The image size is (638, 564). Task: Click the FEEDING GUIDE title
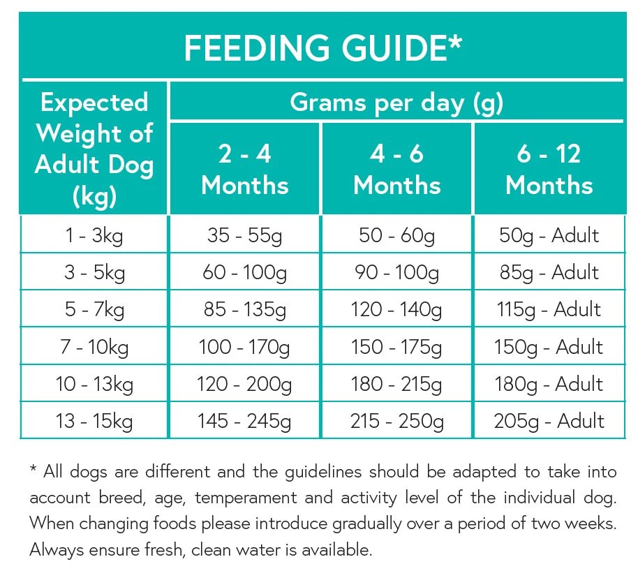point(322,47)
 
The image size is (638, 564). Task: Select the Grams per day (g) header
point(396,103)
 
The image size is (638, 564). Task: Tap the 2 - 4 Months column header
point(244,170)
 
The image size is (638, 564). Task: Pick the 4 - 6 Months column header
point(396,170)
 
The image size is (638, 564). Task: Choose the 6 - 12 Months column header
point(549,170)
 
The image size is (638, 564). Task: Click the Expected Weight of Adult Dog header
point(94,149)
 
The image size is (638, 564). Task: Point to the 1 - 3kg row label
point(94,235)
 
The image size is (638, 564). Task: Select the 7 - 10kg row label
point(94,347)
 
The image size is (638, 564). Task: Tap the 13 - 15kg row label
point(94,421)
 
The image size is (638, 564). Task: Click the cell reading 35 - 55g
point(244,235)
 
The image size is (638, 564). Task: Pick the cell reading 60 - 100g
point(244,272)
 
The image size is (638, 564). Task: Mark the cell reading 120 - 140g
point(396,309)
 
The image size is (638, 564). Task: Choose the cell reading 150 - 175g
point(396,347)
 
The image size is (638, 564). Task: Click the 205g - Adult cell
point(549,421)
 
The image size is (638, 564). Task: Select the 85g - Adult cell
point(549,272)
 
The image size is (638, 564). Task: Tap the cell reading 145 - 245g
point(244,421)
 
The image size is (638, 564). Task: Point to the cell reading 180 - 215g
point(396,384)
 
